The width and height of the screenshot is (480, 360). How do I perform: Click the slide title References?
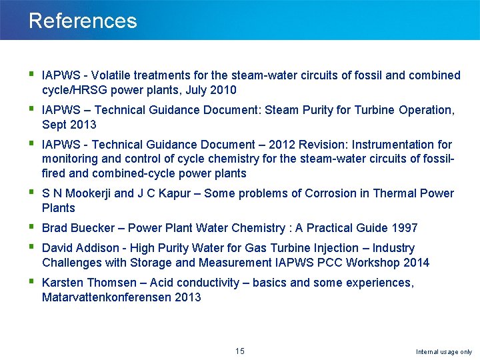coord(83,21)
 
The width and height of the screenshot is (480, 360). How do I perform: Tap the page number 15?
coord(240,351)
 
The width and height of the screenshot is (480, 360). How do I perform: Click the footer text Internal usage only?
coord(444,351)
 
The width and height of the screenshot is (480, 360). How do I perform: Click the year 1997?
coord(405,228)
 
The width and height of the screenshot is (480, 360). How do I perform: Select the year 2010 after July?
coord(223,90)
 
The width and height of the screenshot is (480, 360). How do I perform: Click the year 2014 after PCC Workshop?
coord(416,263)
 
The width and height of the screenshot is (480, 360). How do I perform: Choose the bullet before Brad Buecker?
coord(31,227)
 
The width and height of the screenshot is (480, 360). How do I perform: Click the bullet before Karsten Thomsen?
coord(31,282)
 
